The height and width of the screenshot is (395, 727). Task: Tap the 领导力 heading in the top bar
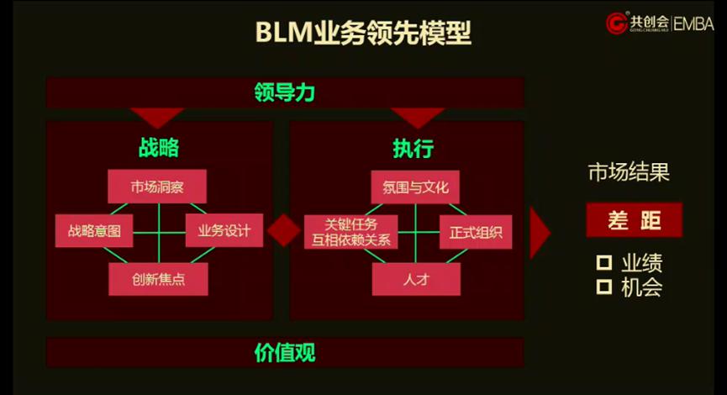[284, 92]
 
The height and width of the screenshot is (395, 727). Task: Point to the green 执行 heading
[413, 149]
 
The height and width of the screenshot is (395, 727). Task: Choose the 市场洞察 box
[157, 186]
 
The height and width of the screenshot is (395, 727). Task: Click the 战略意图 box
[94, 230]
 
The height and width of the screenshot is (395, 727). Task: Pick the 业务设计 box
[224, 230]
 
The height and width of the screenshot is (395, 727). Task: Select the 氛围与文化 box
[415, 186]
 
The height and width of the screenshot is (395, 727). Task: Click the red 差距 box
[634, 220]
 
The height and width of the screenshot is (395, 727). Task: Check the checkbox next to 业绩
[603, 263]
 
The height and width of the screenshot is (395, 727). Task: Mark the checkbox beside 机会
[603, 287]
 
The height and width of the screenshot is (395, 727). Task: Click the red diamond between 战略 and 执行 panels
[283, 230]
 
